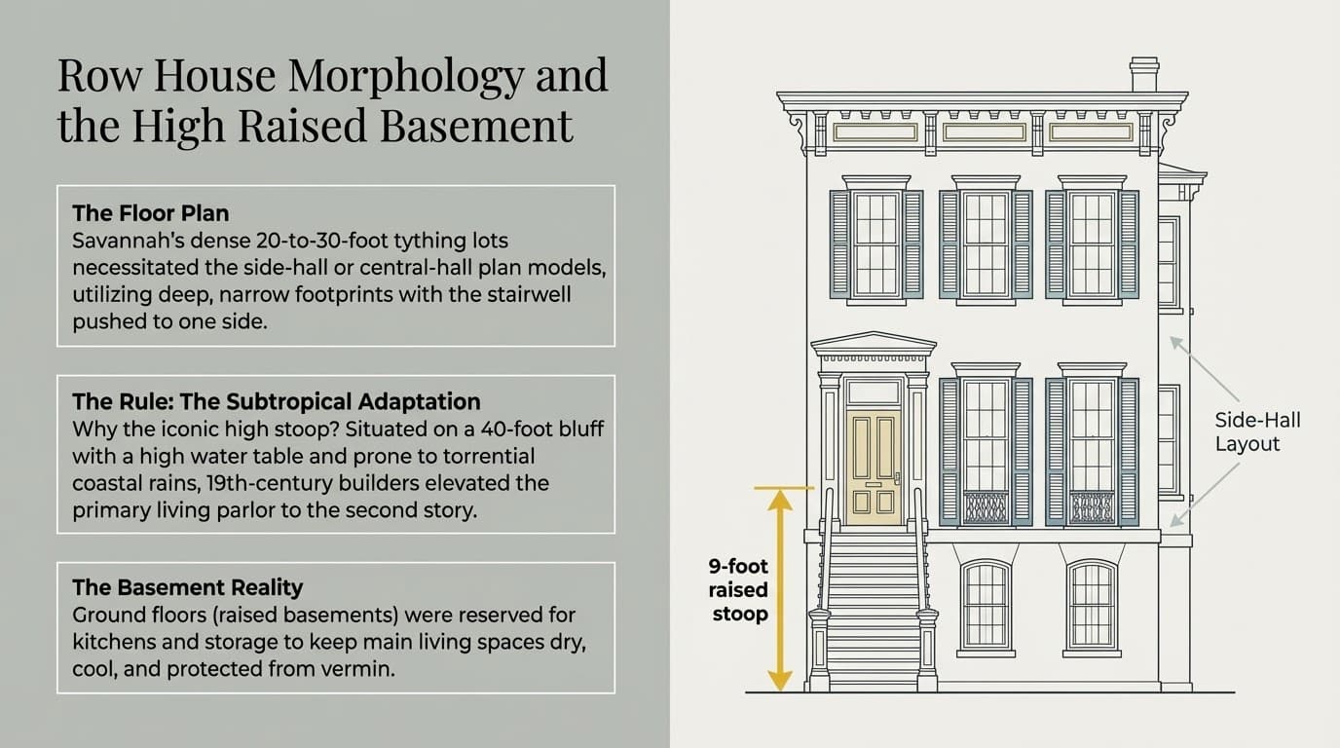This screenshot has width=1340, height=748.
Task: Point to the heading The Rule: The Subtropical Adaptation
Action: [x=277, y=401]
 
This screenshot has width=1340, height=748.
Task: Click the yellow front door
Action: [x=874, y=467]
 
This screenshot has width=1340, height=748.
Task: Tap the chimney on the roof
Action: [x=1143, y=75]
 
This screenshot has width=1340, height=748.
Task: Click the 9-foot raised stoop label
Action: [x=739, y=590]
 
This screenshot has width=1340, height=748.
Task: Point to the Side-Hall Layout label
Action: [x=1257, y=431]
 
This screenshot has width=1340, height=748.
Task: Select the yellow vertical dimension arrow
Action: [x=778, y=588]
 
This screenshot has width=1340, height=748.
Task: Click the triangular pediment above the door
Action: [x=873, y=343]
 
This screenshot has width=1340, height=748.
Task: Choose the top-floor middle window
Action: [x=985, y=243]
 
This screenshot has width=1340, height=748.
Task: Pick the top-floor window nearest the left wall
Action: [x=875, y=243]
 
